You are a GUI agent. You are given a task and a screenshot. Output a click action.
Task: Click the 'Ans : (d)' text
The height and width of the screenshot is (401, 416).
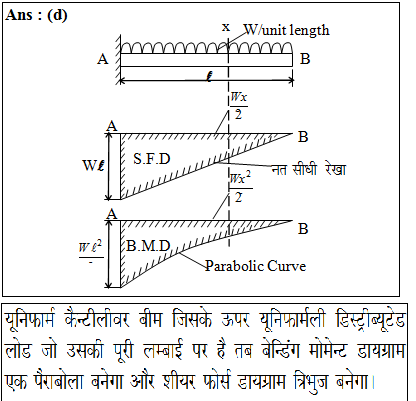[x=36, y=15]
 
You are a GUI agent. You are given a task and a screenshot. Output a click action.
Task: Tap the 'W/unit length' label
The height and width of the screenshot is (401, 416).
[x=287, y=30]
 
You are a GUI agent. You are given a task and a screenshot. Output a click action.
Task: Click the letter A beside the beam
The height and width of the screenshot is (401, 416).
[x=103, y=59]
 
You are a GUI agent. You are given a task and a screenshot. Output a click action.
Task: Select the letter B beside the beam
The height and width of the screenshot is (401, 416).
[x=305, y=59]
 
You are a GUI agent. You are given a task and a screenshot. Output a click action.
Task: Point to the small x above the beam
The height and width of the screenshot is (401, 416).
[x=226, y=27]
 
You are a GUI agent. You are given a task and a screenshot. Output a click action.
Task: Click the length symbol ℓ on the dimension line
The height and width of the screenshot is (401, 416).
[x=209, y=77]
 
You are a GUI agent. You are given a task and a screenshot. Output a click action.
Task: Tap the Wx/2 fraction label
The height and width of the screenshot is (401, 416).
[x=239, y=105]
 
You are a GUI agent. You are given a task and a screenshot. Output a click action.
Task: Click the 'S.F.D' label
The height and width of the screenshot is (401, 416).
[x=152, y=159]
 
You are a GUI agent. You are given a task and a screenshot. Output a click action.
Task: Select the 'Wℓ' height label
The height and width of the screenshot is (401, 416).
[x=93, y=165]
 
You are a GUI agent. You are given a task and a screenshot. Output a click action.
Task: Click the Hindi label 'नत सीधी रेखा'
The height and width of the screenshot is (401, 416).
[x=309, y=170]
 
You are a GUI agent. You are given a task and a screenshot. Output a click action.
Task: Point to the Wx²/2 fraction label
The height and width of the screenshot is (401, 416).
[x=240, y=187]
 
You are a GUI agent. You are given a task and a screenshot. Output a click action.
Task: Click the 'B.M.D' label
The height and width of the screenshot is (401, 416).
[x=149, y=246]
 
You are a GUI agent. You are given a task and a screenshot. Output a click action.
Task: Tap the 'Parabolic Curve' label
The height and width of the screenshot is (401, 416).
[x=255, y=266]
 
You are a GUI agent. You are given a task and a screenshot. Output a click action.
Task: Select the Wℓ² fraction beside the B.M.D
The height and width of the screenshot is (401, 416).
[x=91, y=253]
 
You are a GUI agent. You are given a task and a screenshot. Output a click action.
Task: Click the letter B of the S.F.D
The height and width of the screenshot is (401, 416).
[x=303, y=137]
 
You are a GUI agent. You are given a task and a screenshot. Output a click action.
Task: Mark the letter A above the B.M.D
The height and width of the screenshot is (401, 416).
[x=112, y=213]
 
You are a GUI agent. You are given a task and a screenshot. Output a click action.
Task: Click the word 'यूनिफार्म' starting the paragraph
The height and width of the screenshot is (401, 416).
[x=30, y=321]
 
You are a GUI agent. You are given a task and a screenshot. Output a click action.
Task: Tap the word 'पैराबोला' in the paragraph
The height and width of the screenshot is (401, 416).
[x=59, y=382]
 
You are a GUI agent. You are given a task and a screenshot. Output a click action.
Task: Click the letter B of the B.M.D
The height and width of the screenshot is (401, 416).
[x=303, y=229]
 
